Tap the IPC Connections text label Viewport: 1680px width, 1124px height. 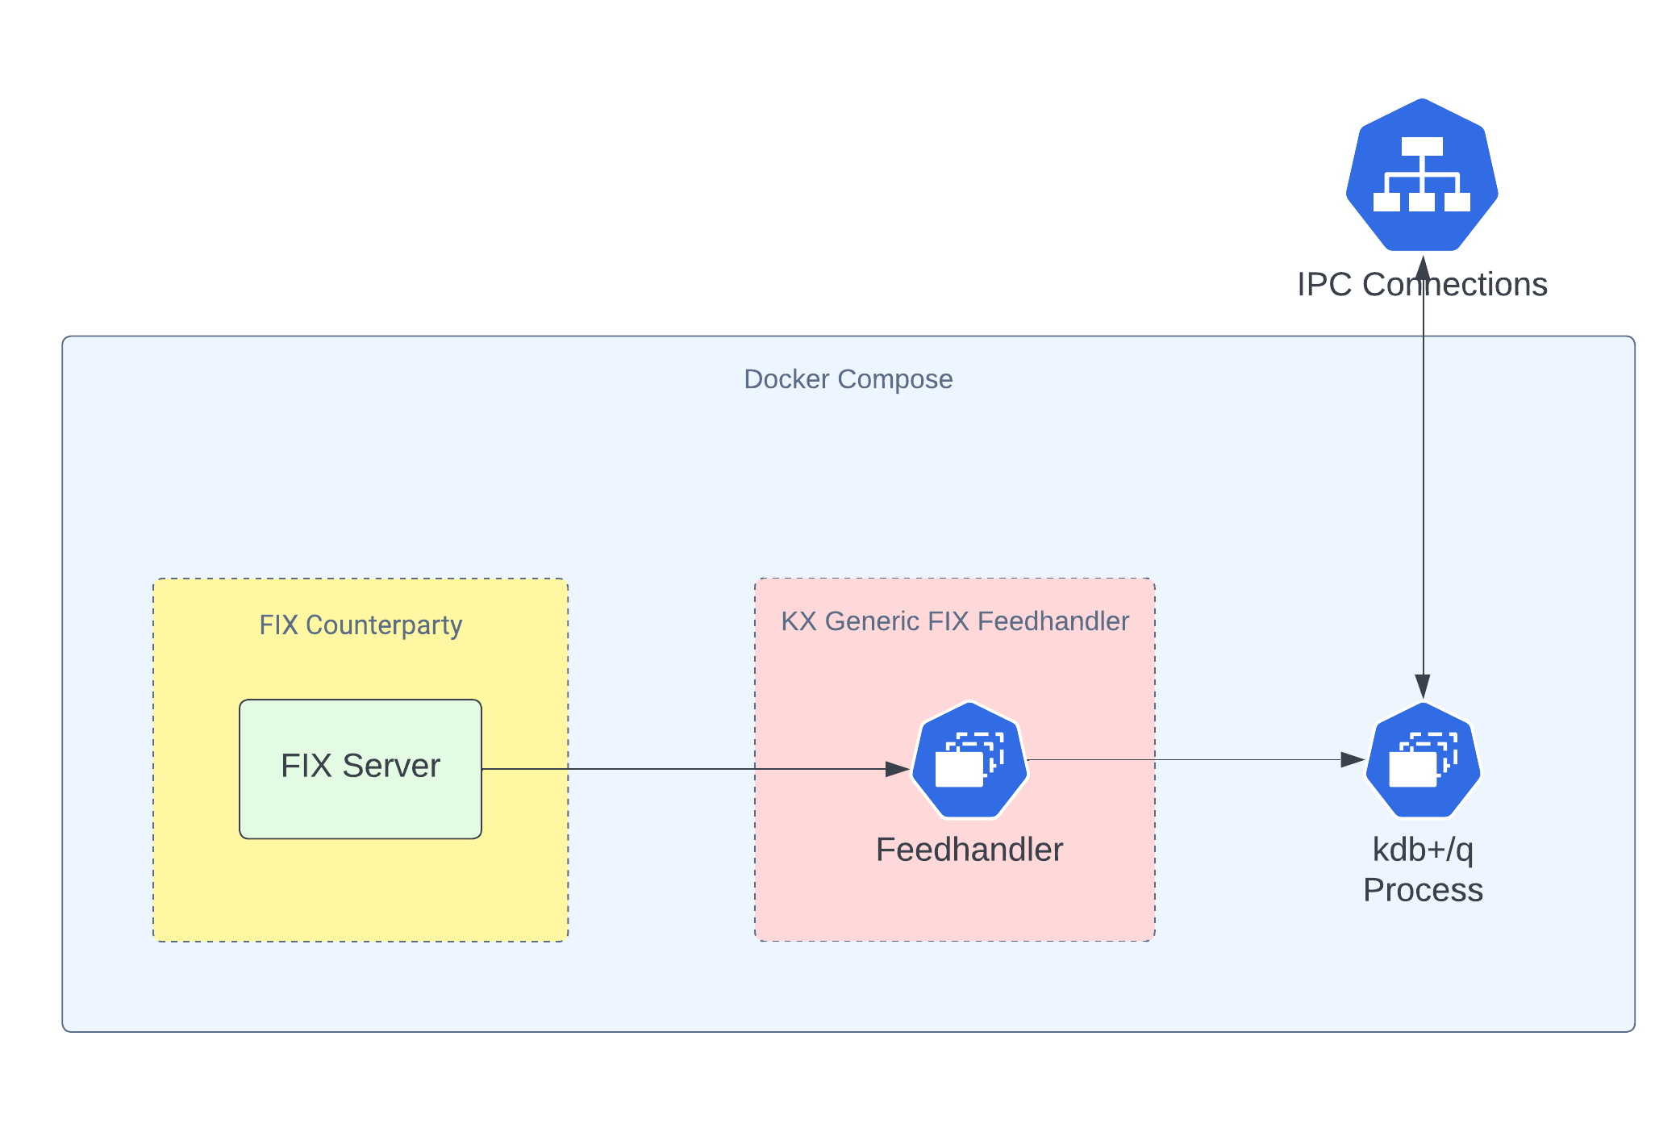point(1422,285)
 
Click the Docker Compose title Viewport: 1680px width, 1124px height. point(848,379)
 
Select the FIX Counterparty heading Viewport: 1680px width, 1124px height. point(361,625)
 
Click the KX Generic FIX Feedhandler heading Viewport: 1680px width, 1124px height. point(955,621)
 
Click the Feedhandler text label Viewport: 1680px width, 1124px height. point(969,850)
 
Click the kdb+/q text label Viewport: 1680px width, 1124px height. point(1423,850)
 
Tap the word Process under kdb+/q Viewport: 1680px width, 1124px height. point(1423,890)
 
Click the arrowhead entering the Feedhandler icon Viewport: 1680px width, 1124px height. point(898,769)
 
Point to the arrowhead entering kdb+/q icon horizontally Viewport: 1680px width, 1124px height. point(1353,759)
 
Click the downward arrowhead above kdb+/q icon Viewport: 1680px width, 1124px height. point(1423,687)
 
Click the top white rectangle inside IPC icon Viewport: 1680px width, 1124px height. point(1422,146)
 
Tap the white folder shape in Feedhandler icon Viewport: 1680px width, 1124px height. point(959,769)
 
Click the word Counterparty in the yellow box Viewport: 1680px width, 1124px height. point(384,625)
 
